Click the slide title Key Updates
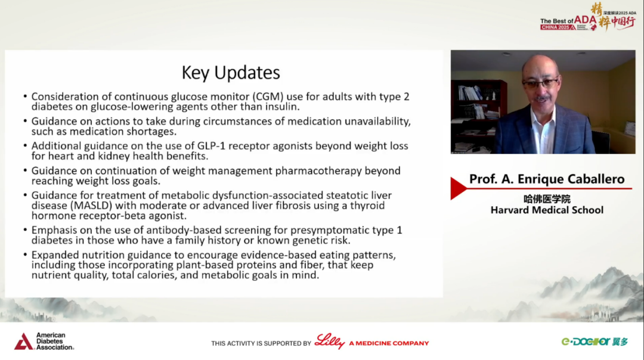(x=231, y=73)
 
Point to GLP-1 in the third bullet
(x=211, y=145)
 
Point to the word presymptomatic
(x=323, y=230)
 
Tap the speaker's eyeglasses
(x=540, y=83)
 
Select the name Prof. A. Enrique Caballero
(x=547, y=179)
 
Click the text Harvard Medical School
(x=547, y=210)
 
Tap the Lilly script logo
(x=330, y=342)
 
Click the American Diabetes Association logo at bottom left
(x=44, y=342)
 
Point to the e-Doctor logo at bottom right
(x=595, y=342)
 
